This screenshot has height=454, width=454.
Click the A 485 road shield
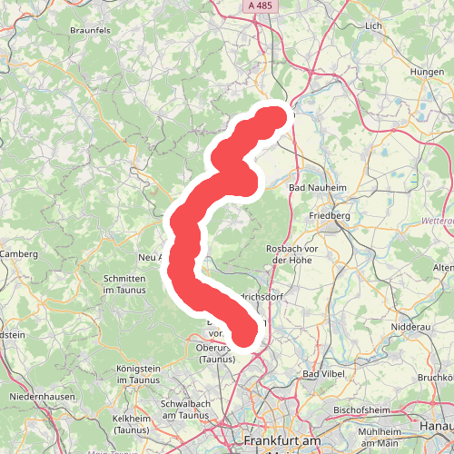[x=259, y=5]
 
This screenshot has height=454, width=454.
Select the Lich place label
[x=372, y=26]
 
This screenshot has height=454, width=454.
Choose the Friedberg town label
[x=329, y=215]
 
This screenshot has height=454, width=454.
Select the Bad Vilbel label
[x=323, y=374]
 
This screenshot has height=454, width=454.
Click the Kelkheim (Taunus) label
[x=131, y=423]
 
